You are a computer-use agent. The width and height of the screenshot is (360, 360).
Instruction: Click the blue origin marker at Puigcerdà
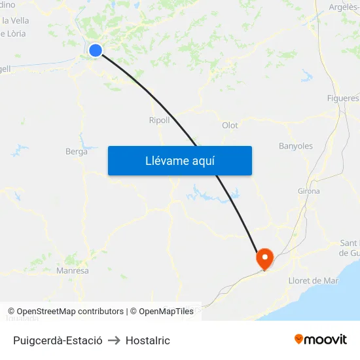[x=96, y=50]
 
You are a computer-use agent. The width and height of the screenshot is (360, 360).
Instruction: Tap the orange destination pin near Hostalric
[x=265, y=258]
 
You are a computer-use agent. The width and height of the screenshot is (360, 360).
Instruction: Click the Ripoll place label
[x=159, y=120]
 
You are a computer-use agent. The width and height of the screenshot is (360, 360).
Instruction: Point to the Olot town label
[x=230, y=126]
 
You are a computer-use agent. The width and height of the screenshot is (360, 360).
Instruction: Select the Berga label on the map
[x=76, y=152]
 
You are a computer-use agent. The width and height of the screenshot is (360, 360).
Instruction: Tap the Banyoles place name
[x=296, y=146]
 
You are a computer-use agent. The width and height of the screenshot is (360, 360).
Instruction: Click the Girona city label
[x=308, y=191]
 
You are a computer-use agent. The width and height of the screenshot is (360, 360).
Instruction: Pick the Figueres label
[x=343, y=98]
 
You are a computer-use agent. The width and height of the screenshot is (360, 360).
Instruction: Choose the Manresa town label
[x=73, y=270]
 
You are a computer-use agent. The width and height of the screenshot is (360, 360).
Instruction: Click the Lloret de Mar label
[x=314, y=281]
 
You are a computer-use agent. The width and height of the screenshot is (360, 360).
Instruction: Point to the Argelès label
[x=344, y=7]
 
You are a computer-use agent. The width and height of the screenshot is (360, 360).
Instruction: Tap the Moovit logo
[x=321, y=339]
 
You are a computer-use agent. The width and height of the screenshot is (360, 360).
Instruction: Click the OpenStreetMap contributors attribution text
[x=70, y=312]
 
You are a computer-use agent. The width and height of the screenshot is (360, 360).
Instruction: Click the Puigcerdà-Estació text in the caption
[x=58, y=340]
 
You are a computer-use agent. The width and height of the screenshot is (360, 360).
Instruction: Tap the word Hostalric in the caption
[x=148, y=340]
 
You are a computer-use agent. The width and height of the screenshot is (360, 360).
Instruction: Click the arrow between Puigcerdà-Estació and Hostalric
[x=114, y=340]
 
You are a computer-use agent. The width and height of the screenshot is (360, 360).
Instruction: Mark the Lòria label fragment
[x=14, y=33]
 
